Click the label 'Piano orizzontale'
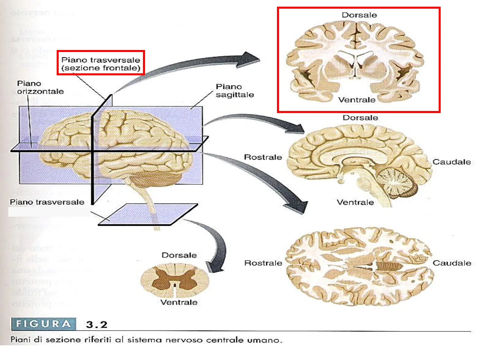pos(40,87)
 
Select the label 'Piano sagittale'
pos(235,91)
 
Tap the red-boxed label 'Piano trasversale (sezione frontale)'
pos(101,64)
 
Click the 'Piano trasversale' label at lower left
pos(47,202)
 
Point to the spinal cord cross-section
pos(175,280)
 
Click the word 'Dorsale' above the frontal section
pos(359,15)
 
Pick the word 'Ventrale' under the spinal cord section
pos(179,302)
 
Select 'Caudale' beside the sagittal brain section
pos(452,162)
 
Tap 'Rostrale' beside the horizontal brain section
pos(263,263)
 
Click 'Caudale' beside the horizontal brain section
pos(452,263)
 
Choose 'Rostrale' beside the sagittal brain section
pos(263,157)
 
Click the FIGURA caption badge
pos(44,324)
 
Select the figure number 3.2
pos(97,324)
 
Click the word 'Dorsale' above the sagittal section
pos(360,118)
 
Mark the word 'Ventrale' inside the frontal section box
pos(357,100)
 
